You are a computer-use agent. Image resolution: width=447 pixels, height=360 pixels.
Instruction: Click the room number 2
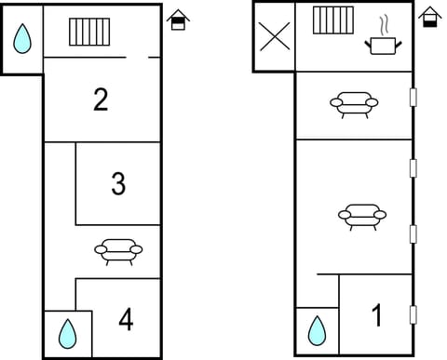101,100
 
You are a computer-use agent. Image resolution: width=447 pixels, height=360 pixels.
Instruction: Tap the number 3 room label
118,184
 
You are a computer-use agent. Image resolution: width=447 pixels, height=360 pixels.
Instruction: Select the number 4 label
126,320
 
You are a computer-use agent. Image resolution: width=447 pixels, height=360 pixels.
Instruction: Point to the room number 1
377,316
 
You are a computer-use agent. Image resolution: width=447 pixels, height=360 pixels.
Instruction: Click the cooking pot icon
382,44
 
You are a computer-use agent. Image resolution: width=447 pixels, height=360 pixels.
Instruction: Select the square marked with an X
274,36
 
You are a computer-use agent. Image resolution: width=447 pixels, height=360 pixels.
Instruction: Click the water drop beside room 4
66,332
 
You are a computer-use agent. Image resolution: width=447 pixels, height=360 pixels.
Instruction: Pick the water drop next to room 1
317,329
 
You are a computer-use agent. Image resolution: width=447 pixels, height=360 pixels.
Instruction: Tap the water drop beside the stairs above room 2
22,38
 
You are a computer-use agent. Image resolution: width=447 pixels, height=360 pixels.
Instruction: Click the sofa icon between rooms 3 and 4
118,250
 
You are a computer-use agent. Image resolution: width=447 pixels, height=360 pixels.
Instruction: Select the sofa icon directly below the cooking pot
354,104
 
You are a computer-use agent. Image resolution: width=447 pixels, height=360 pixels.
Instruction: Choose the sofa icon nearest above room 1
361,217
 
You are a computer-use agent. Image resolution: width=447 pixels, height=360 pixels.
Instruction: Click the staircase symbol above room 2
89,31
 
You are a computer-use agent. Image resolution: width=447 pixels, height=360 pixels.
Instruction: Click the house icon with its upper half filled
178,19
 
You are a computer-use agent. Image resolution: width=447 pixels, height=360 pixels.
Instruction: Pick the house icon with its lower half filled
429,17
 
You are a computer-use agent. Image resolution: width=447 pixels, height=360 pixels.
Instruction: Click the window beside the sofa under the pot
413,96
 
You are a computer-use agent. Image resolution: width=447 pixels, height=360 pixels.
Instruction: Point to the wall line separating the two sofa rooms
354,140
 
